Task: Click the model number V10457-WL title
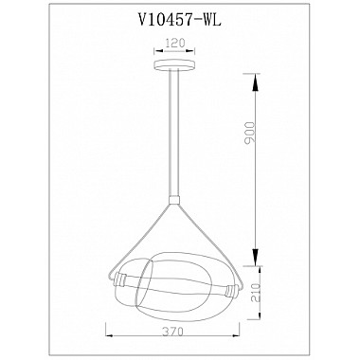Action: (179, 20)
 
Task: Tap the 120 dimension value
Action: (174, 43)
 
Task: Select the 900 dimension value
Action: (249, 133)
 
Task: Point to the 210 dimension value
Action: (256, 293)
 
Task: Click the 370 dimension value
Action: (173, 332)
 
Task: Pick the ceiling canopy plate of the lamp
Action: (174, 64)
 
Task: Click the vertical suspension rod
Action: (174, 133)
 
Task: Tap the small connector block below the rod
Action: (174, 200)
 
